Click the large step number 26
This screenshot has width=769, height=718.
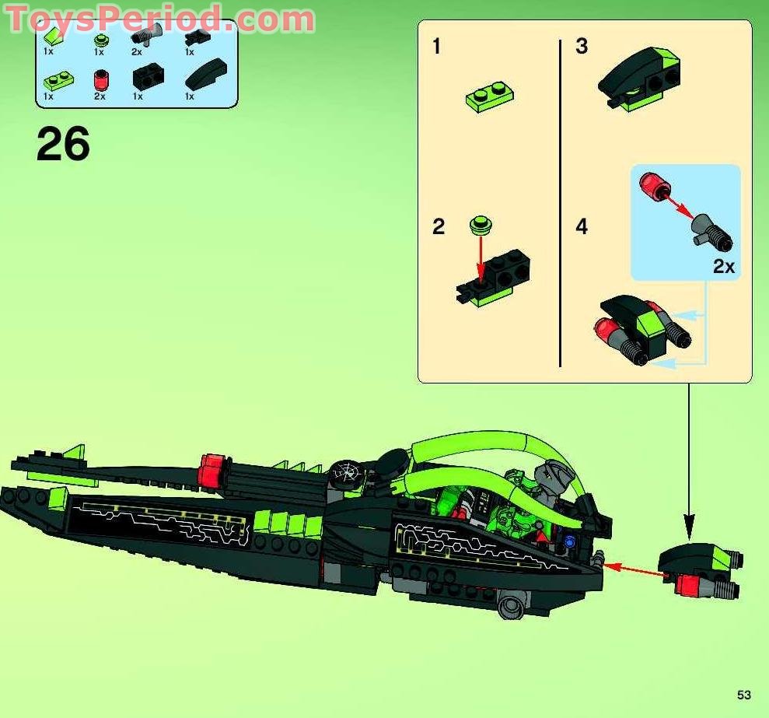63,145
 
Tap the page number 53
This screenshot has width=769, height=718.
744,695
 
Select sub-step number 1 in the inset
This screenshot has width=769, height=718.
436,47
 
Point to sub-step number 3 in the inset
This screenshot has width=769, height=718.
582,47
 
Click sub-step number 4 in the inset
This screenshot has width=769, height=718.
582,227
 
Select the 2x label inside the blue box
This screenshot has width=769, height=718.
723,267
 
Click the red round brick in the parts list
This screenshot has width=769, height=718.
100,79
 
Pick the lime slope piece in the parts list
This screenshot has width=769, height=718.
52,34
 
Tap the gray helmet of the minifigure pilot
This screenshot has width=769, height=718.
554,474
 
